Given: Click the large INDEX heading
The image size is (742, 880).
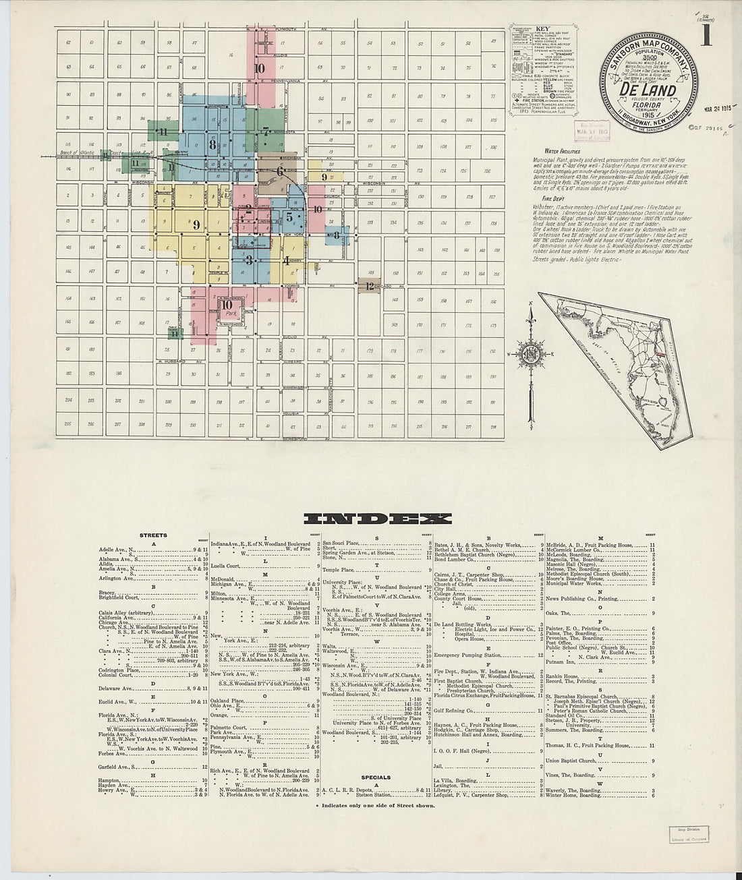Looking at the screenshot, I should click(x=378, y=518).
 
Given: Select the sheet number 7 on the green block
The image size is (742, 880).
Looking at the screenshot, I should click(x=266, y=131).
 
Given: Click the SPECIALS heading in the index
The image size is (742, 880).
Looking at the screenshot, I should click(x=376, y=777).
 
